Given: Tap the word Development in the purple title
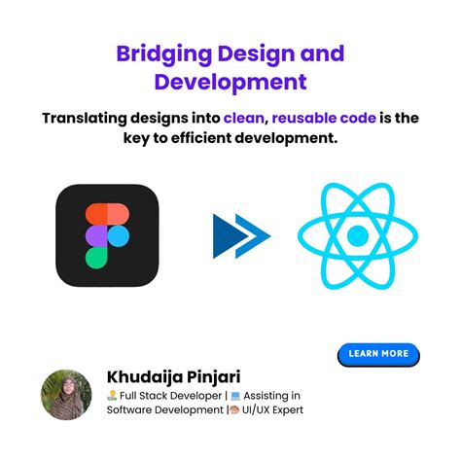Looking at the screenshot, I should [230, 82].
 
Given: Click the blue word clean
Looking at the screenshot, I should [244, 119].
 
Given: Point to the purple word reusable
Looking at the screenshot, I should [308, 119].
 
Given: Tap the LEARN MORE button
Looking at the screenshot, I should [378, 354].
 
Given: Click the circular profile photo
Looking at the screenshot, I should [66, 394].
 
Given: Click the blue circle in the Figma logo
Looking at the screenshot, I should [118, 235].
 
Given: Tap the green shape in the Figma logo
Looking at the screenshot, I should [95, 257].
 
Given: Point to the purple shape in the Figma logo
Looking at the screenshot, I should [95, 235].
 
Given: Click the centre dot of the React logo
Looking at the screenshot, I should [357, 234].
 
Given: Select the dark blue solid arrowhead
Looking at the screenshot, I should [230, 234].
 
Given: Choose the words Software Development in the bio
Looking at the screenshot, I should [164, 410].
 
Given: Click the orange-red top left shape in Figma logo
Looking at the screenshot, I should [95, 213].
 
